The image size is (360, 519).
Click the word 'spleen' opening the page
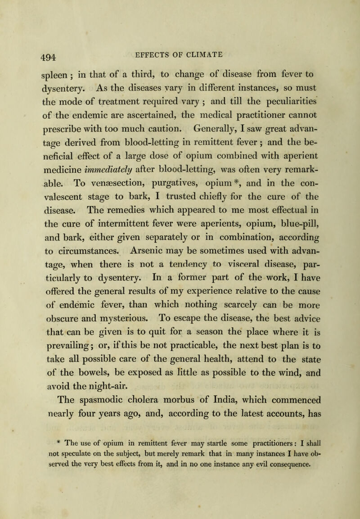pyautogui.click(x=39, y=68)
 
